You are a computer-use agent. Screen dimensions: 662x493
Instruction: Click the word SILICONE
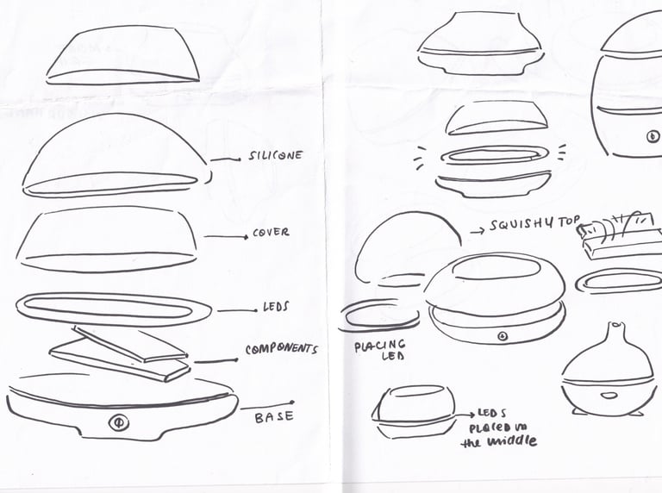coord(276,156)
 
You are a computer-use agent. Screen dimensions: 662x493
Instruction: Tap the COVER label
coord(271,233)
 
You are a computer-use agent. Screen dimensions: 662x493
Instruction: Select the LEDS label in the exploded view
coord(276,306)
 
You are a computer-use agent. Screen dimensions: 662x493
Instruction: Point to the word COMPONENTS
coord(282,349)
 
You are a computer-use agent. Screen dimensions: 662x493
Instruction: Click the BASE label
coord(274,417)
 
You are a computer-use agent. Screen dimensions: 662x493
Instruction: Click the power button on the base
coord(119,422)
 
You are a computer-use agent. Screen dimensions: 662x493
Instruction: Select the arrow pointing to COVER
coord(227,237)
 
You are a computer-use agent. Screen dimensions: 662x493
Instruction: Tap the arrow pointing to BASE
coord(267,406)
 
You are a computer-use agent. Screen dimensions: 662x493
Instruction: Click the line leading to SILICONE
coord(226,159)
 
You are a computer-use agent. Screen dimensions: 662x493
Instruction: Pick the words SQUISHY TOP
coord(535,224)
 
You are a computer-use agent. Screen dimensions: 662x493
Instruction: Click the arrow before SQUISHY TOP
coord(478,231)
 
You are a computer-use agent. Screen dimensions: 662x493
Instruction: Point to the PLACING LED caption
coord(380,350)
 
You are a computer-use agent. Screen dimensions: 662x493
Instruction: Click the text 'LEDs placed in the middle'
coord(498,427)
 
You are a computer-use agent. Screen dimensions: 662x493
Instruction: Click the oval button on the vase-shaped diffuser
coord(609,396)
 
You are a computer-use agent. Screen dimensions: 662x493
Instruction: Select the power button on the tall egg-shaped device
coord(653,136)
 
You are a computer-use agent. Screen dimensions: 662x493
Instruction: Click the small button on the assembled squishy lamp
coord(502,336)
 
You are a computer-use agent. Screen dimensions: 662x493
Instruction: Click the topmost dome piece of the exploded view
coord(123,55)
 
